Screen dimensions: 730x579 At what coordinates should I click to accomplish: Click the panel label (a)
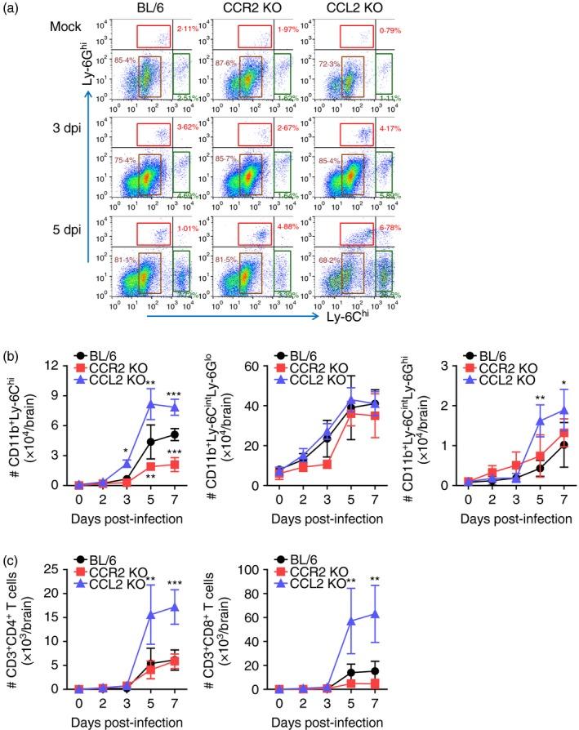[16, 11]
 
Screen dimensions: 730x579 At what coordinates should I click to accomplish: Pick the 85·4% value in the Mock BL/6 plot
[125, 60]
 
